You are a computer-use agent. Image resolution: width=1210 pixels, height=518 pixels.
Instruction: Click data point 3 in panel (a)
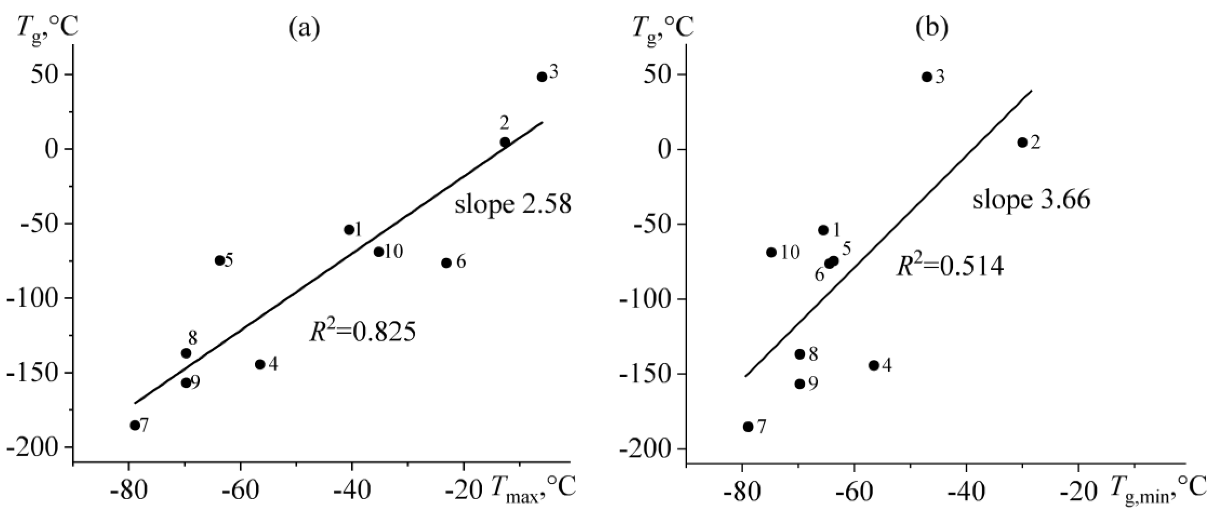coord(542,77)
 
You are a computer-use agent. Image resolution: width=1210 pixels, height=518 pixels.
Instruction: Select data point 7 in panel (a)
coord(135,426)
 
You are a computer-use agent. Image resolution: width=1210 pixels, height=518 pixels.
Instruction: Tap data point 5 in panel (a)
coord(219,260)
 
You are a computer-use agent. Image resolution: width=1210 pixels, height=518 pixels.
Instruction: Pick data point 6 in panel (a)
coord(446,263)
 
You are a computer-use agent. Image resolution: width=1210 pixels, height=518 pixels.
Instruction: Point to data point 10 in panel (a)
coord(379,252)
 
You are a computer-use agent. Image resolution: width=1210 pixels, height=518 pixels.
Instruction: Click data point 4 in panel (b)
coord(874,365)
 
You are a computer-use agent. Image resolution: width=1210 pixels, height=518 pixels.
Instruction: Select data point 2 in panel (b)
coord(1022,142)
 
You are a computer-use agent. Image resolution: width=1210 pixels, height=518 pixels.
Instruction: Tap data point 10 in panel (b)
coord(771,252)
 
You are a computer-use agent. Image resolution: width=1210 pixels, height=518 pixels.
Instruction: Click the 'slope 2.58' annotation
coord(513,205)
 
